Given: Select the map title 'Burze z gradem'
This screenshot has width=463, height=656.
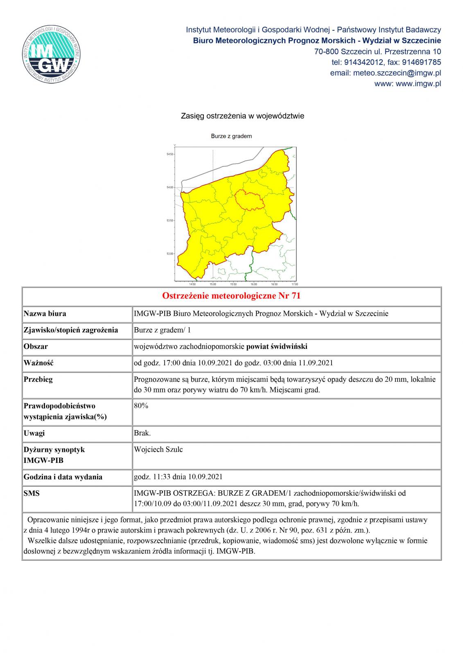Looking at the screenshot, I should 231,136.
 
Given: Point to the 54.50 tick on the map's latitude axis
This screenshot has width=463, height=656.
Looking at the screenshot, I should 169,154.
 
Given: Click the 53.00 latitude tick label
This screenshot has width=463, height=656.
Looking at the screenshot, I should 169,254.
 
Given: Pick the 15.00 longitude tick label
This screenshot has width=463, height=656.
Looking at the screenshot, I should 213,284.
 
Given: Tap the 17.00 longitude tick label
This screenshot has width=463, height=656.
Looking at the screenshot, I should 294,284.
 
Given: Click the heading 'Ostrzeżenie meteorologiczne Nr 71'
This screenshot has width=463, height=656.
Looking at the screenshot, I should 231,296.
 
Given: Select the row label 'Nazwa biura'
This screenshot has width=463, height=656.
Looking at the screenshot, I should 45,314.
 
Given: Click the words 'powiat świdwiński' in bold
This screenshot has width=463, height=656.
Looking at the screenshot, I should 277,346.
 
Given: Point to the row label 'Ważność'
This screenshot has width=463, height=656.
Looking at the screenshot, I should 39,363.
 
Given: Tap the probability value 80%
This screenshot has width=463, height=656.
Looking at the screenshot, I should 141,406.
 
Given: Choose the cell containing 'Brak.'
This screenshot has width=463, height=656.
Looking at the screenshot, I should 142,433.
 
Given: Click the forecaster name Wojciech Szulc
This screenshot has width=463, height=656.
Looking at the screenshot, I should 158,449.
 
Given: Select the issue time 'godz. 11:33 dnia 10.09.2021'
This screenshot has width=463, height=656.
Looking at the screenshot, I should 178,477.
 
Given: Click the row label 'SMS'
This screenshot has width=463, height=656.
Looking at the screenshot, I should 32,493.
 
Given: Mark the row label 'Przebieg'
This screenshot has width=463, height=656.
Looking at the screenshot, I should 38,379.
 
